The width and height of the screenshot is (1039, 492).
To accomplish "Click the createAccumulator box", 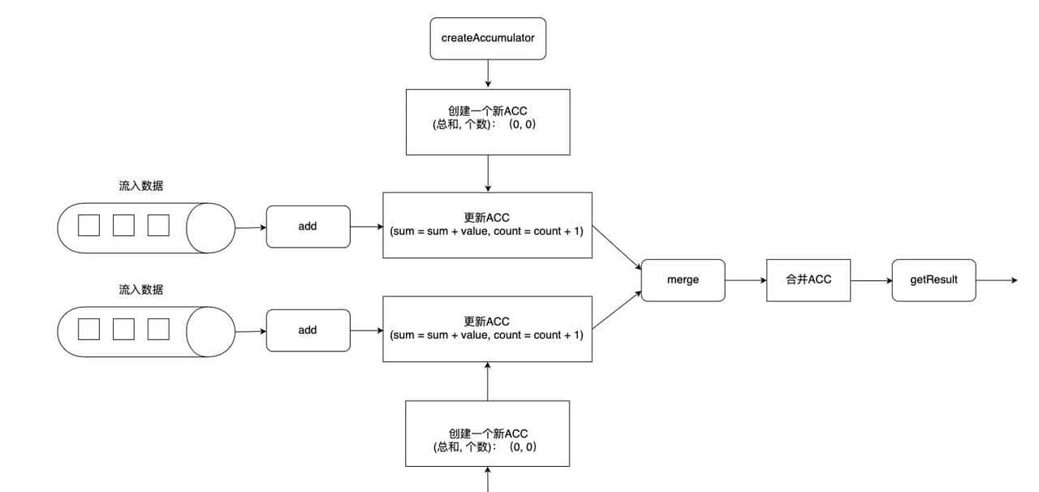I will pyautogui.click(x=488, y=37).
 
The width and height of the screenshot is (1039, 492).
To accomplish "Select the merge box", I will pyautogui.click(x=683, y=279).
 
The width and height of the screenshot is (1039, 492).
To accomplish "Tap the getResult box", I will pyautogui.click(x=933, y=279).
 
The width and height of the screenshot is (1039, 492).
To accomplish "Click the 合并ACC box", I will pyautogui.click(x=808, y=279).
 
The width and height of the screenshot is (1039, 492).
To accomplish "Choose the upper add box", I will pyautogui.click(x=308, y=227).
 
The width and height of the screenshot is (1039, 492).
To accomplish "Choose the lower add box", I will pyautogui.click(x=308, y=330).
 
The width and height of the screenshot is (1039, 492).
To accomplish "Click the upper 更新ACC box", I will pyautogui.click(x=487, y=225).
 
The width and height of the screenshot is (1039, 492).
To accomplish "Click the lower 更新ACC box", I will pyautogui.click(x=487, y=329).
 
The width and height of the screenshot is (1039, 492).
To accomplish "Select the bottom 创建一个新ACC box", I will pyautogui.click(x=488, y=434).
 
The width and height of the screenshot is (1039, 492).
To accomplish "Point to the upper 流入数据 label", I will pyautogui.click(x=141, y=186).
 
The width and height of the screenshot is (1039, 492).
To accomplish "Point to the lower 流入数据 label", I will pyautogui.click(x=141, y=290).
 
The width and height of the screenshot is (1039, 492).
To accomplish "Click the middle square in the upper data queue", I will pyautogui.click(x=123, y=225).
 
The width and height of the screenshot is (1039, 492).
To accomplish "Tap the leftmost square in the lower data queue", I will pyautogui.click(x=88, y=329).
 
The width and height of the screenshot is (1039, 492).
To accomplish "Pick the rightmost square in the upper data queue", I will pyautogui.click(x=158, y=225).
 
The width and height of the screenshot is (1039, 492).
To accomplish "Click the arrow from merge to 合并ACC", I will pyautogui.click(x=745, y=280).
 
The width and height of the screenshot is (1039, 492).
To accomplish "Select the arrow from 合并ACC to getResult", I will pyautogui.click(x=871, y=280).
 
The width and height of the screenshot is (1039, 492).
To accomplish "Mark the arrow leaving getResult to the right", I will pyautogui.click(x=996, y=280).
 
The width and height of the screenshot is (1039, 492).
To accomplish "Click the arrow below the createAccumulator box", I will pyautogui.click(x=488, y=73).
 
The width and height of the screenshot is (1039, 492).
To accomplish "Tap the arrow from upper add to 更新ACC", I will pyautogui.click(x=366, y=227).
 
